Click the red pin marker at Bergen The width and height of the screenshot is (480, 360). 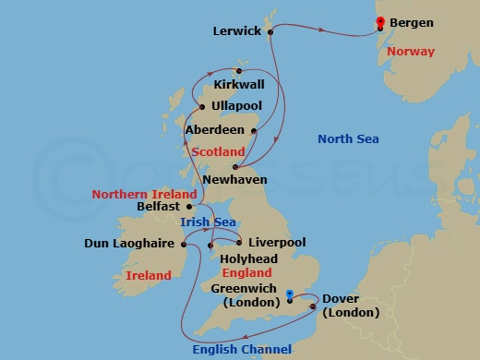[x=379, y=23]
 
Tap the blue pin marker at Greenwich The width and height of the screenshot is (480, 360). [x=290, y=296]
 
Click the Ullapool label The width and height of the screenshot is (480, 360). [x=236, y=107]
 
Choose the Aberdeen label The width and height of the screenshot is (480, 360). [x=215, y=130]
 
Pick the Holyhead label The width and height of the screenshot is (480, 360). [x=247, y=259]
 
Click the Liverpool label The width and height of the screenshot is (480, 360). [x=277, y=242]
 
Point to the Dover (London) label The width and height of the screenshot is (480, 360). [x=350, y=306]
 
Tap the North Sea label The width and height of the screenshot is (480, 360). [x=349, y=139]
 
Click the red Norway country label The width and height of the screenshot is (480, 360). [x=411, y=51]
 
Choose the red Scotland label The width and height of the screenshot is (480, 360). [x=218, y=151]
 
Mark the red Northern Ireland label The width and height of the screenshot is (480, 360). [x=144, y=195]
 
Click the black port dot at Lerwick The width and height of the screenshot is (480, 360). [x=270, y=31]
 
